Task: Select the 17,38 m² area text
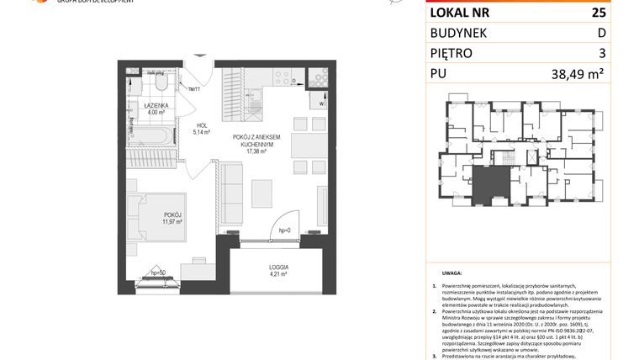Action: pyautogui.click(x=256, y=151)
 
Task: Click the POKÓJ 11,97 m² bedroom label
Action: pyautogui.click(x=172, y=218)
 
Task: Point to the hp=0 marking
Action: pyautogui.click(x=283, y=230)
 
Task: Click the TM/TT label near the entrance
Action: pyautogui.click(x=193, y=88)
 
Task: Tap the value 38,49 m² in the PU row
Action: pyautogui.click(x=578, y=73)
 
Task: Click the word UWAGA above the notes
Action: pyautogui.click(x=452, y=273)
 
